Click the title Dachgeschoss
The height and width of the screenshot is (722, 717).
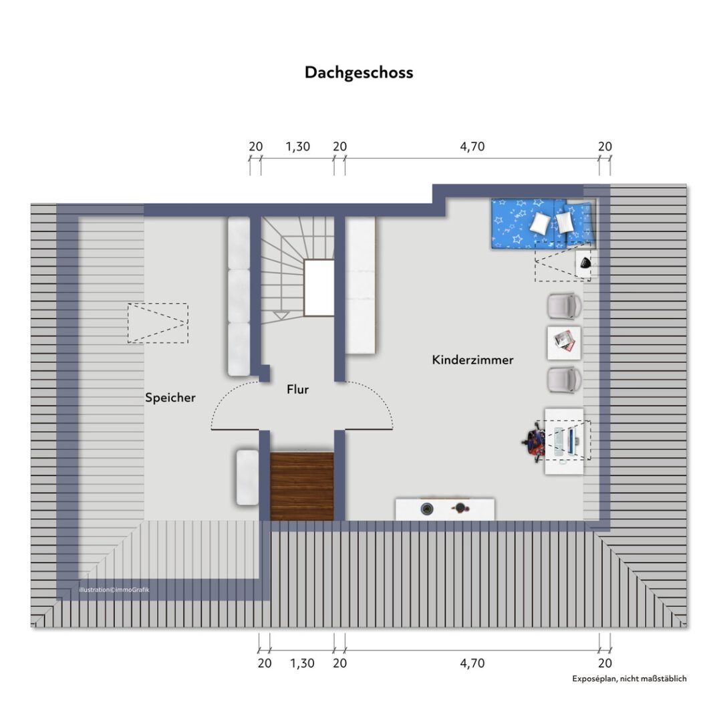[359, 72]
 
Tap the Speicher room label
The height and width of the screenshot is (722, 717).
[170, 398]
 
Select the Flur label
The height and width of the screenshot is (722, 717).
[297, 389]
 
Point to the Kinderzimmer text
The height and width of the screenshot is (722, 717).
[472, 360]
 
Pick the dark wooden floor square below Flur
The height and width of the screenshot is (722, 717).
[302, 486]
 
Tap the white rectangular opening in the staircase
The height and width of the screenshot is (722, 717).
[319, 288]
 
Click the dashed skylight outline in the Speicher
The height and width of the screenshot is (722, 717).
[158, 324]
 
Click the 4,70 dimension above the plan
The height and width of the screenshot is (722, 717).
[472, 147]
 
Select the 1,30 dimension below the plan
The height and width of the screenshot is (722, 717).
[302, 663]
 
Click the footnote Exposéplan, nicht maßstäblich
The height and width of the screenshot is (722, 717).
[629, 679]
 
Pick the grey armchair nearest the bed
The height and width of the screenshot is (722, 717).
[564, 306]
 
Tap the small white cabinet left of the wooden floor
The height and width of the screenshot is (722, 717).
[247, 477]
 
